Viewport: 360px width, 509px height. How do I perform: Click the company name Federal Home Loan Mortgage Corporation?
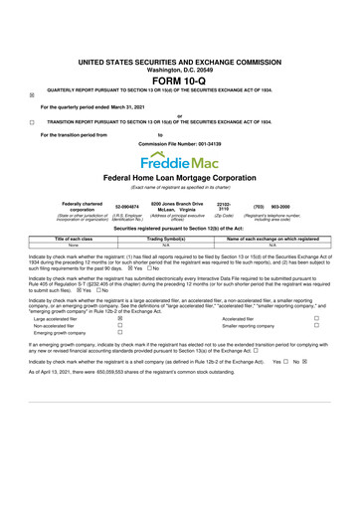coord(179,178)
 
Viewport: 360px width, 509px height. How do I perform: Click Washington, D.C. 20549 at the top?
coord(179,43)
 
